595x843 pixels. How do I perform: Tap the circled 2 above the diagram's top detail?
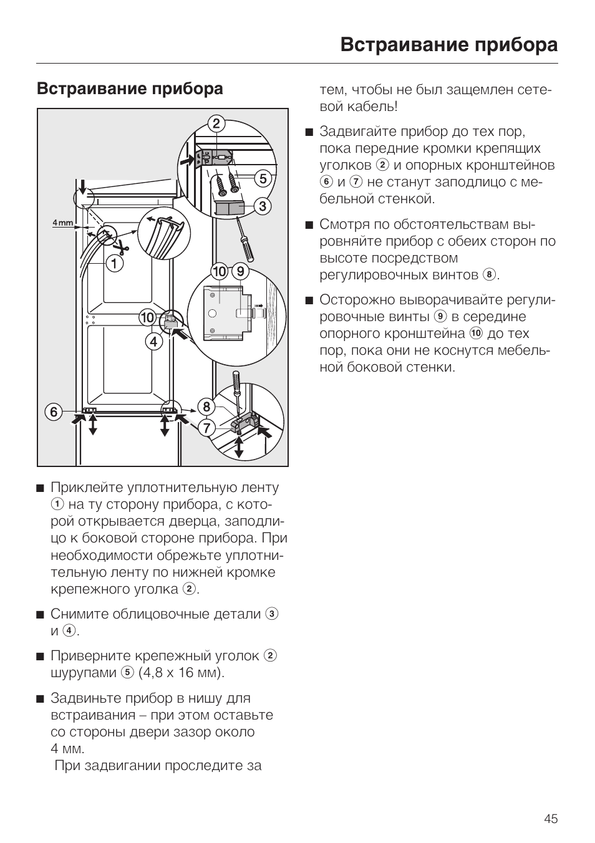tap(216, 123)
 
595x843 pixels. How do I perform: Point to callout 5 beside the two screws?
tap(263, 179)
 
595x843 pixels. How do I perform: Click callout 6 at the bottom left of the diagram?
tap(54, 412)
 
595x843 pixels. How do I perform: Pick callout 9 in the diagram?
tap(240, 272)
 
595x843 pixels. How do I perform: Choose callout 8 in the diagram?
tap(206, 407)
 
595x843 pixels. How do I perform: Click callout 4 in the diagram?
tap(153, 341)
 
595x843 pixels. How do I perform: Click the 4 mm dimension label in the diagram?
tap(62, 223)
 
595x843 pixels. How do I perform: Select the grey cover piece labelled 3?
tap(228, 206)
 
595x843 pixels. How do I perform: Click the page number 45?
tap(550, 819)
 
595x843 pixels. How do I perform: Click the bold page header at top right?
tap(449, 45)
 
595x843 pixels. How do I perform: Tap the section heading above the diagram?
tap(130, 89)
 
